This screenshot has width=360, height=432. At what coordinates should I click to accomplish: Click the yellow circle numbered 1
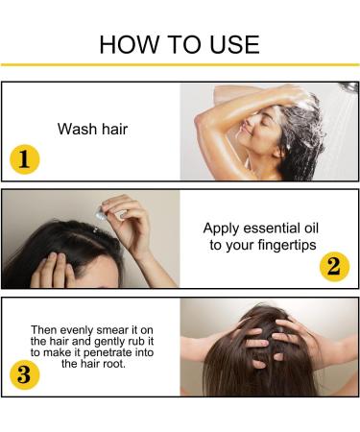pos(25,159)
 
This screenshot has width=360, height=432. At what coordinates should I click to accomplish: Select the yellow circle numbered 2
pos(334,267)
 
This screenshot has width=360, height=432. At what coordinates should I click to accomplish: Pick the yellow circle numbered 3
pos(25,374)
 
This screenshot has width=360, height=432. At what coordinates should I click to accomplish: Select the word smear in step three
pos(111,330)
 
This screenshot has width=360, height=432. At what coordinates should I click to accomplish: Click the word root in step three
pos(114,364)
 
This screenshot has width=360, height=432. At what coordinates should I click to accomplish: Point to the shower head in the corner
pos(348,86)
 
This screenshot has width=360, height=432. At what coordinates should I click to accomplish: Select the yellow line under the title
pos(180,65)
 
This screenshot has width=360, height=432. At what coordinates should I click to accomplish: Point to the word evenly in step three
pos(77,330)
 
